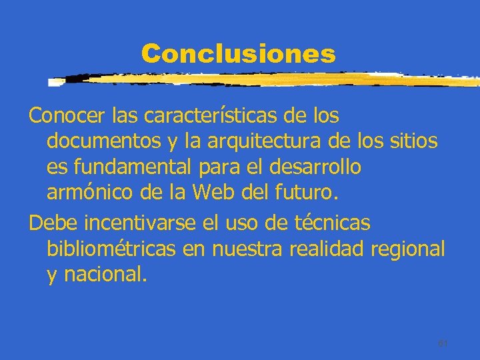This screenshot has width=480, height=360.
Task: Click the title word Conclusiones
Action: [238, 53]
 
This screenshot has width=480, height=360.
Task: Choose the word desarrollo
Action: [319, 167]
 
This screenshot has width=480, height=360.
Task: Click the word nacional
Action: [104, 275]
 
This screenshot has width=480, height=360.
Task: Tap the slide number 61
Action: [442, 343]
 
